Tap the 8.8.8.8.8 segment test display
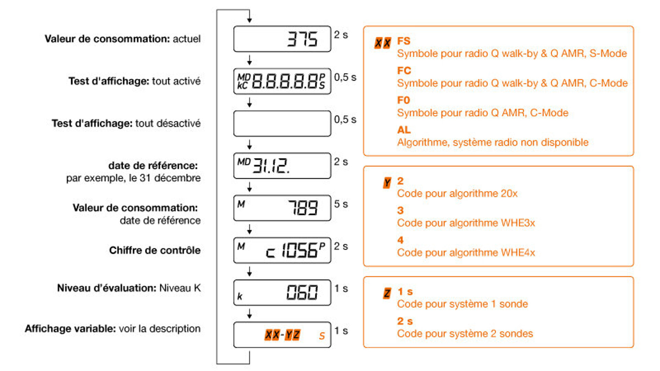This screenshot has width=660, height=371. pos(282,81)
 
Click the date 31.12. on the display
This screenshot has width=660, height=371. pos(271,166)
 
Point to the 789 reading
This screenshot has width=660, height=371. pos(303,208)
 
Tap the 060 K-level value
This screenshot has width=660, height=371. pos(302,293)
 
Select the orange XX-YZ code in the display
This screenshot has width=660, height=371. pos(282,335)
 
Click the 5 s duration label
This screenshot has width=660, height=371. pos(341,204)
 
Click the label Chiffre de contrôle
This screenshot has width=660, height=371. pos(155,250)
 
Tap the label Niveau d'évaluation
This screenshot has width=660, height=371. pos(107,288)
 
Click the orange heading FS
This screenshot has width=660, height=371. pos(404,41)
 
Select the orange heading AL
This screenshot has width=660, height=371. pos(404,130)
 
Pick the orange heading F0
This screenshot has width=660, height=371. pos(404,100)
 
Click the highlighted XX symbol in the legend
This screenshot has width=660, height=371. pos(383,43)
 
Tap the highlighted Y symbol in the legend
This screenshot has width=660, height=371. pos(387,183)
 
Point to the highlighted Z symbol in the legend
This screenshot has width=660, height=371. pos(387,293)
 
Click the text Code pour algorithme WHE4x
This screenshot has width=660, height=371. pos(466,253)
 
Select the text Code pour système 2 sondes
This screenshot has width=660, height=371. pos(465,334)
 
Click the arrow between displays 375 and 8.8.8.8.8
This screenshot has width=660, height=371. pos(250,60)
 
